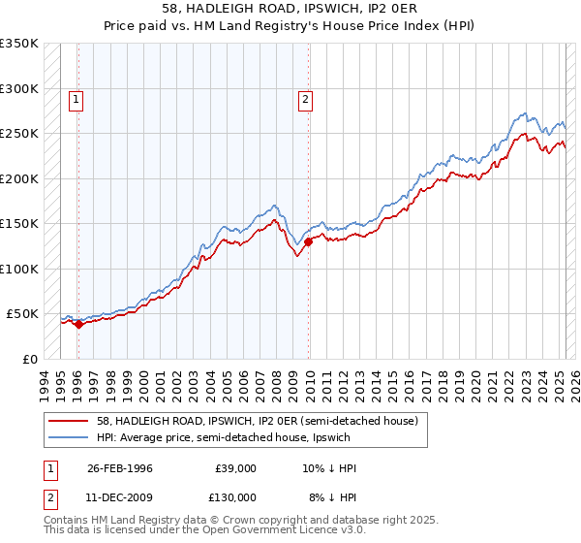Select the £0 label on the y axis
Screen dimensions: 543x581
31,359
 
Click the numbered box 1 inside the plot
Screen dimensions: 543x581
76,98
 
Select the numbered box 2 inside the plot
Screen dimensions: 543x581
306,98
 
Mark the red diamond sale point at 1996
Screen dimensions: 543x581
79,325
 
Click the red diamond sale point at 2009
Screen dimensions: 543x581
309,242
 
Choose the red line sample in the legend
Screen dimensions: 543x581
70,421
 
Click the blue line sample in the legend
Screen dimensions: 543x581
70,437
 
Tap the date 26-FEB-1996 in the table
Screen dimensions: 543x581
120,468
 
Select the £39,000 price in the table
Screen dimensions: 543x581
236,468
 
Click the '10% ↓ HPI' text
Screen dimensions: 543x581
329,468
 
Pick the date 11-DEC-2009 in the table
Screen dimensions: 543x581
120,496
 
